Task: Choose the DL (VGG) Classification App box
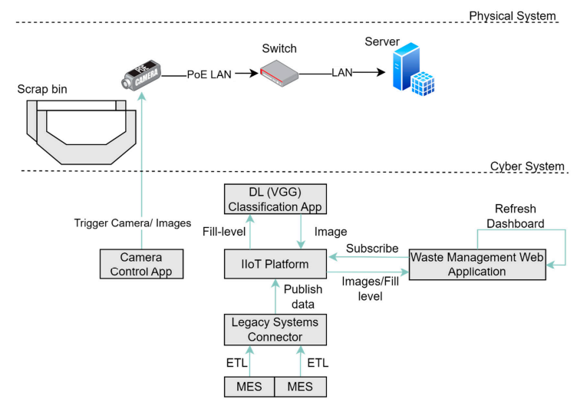(273, 200)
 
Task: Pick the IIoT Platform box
(273, 263)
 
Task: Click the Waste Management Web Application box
(479, 263)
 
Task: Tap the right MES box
(300, 386)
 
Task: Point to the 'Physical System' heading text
(513, 15)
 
